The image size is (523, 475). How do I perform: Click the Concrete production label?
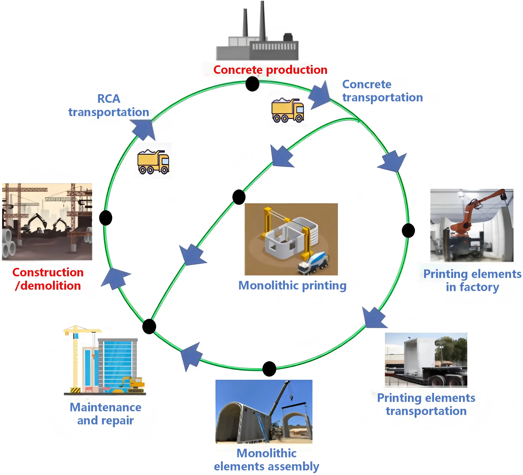pos(270,70)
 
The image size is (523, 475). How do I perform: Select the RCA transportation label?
pos(109,106)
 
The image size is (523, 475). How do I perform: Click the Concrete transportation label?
pos(382,91)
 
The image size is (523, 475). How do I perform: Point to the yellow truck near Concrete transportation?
pos(287,110)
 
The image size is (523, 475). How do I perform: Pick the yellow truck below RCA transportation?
pos(153,162)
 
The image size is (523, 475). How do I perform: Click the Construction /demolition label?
pos(48,279)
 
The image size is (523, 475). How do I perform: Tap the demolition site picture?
pos(47,222)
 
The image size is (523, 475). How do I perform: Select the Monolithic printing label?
pos(292,286)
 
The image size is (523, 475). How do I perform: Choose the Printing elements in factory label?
pos(472,280)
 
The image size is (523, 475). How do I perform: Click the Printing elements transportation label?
pos(426,404)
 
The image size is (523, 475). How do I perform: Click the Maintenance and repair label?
pos(106,414)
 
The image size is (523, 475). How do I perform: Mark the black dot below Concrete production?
pos(252,84)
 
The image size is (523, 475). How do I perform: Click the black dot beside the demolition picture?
pos(106,218)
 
